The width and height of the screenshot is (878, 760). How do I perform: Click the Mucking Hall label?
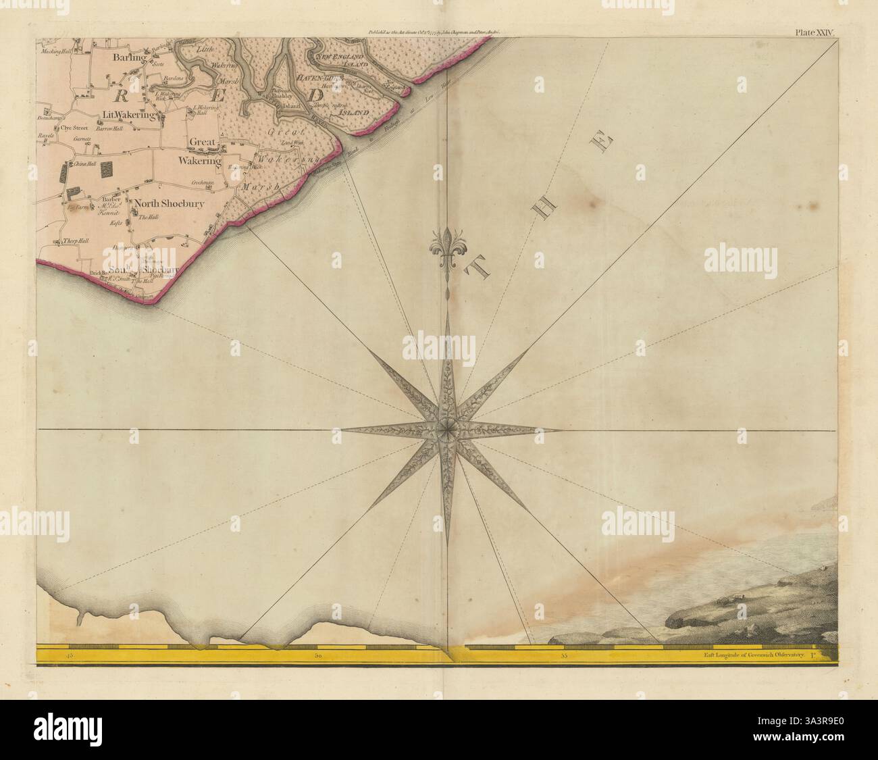click(x=56, y=51)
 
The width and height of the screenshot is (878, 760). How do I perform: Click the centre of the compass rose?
click(x=446, y=429)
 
